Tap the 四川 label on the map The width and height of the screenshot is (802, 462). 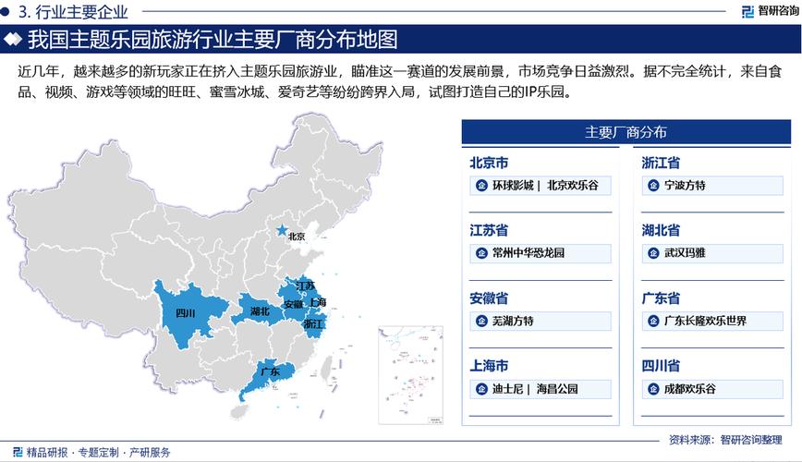click(185, 313)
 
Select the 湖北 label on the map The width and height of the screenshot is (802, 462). click(260, 311)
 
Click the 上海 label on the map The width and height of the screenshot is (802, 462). click(317, 302)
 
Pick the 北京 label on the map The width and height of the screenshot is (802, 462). click(297, 237)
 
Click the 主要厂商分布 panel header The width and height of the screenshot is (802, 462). click(626, 132)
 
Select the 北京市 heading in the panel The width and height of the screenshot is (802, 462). click(489, 164)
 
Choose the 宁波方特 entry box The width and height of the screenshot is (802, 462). click(711, 186)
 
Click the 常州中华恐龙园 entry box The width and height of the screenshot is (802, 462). click(540, 253)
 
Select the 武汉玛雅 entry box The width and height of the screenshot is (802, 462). click(711, 253)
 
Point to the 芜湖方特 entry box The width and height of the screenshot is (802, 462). click(540, 322)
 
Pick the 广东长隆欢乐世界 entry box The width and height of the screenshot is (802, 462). click(711, 322)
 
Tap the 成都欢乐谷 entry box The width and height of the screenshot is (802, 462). click(711, 389)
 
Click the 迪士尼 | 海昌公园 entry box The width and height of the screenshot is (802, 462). click(540, 389)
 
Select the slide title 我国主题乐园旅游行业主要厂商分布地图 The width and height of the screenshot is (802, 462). click(213, 40)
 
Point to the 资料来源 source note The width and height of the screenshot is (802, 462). click(729, 439)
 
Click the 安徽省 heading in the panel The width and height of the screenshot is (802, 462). click(489, 298)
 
